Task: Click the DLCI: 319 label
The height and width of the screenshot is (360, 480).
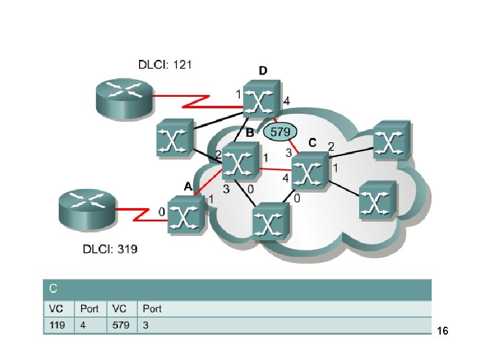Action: click(110, 249)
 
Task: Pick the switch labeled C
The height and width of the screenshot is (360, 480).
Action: click(310, 170)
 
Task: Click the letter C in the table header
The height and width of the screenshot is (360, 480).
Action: click(53, 287)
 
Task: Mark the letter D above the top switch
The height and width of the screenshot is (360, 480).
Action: click(263, 71)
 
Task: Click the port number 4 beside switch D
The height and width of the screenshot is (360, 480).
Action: click(287, 102)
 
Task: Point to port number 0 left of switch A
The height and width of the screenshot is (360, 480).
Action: click(161, 212)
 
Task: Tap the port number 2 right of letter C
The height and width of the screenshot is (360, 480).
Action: click(331, 146)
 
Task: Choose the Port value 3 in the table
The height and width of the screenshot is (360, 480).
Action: click(145, 326)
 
